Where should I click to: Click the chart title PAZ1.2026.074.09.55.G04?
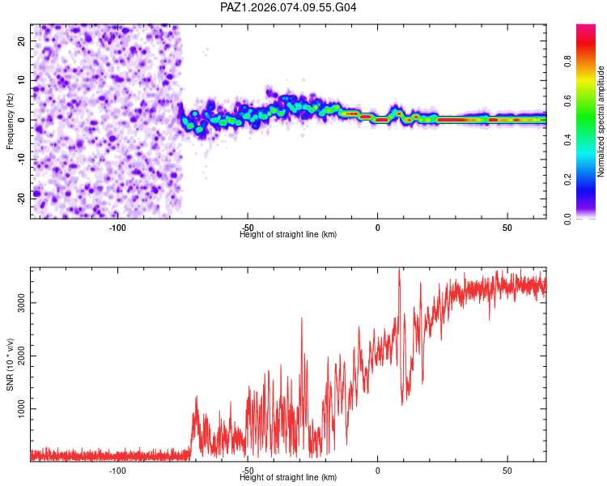(288, 7)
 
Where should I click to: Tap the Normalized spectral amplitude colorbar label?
(601, 122)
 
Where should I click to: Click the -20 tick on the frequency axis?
(21, 198)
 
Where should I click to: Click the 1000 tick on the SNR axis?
(19, 409)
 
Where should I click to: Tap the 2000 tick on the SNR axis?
(19, 356)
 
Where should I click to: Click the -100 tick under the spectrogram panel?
(118, 228)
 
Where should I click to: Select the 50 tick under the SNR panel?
(507, 471)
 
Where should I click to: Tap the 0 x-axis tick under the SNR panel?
(377, 471)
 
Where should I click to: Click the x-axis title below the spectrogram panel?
(288, 234)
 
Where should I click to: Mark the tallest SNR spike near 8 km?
(399, 270)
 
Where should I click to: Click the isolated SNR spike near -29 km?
(302, 319)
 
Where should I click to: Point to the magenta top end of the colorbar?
(586, 28)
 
